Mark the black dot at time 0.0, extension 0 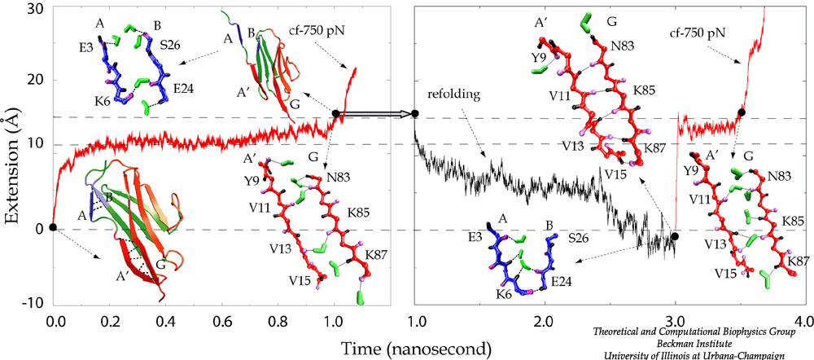52,227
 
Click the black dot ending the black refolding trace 674,236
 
